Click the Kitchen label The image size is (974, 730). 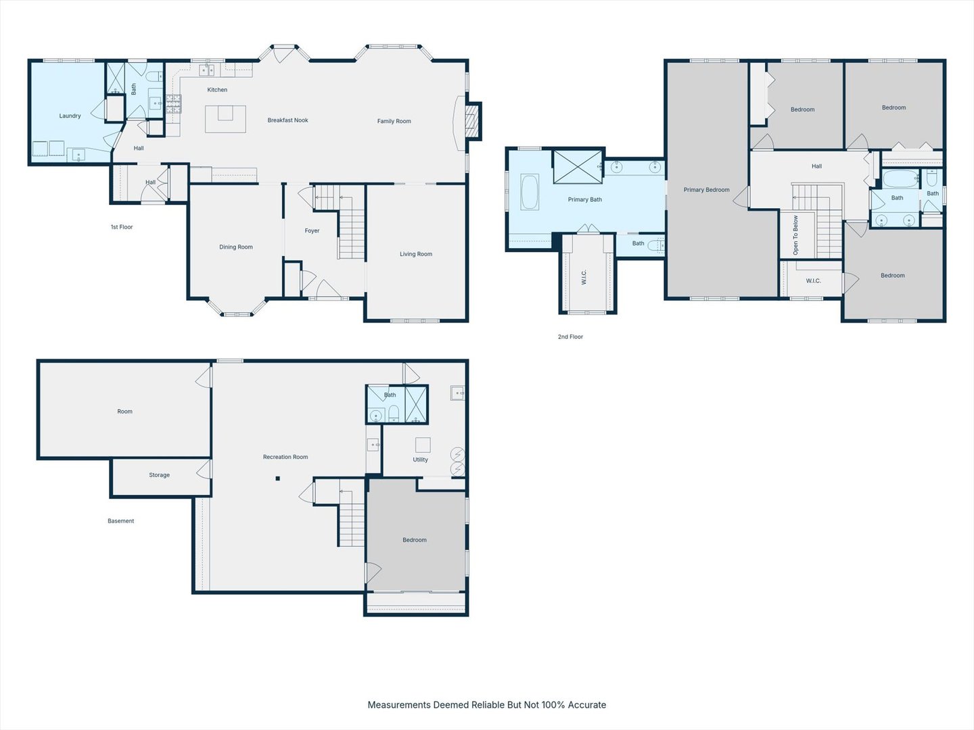(x=217, y=89)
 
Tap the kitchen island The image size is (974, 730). (x=225, y=119)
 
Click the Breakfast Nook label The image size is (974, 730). (x=287, y=120)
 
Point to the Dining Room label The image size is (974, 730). (x=236, y=247)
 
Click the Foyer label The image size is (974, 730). (x=312, y=230)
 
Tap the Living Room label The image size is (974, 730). (x=416, y=254)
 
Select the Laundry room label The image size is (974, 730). (x=70, y=116)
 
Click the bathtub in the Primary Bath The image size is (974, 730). (x=530, y=192)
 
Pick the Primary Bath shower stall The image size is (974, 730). (x=578, y=167)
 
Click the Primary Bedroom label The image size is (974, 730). (x=706, y=190)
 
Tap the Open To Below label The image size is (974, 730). (x=795, y=235)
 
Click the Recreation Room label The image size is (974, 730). (x=285, y=457)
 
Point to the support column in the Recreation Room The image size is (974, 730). (x=278, y=479)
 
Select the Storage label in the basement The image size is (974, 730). (x=160, y=475)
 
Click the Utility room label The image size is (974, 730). (x=420, y=460)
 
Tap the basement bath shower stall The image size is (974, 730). (x=416, y=404)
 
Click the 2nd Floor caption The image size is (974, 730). (x=571, y=337)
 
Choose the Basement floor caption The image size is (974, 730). (x=120, y=520)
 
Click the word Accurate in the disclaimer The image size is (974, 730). (x=587, y=705)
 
